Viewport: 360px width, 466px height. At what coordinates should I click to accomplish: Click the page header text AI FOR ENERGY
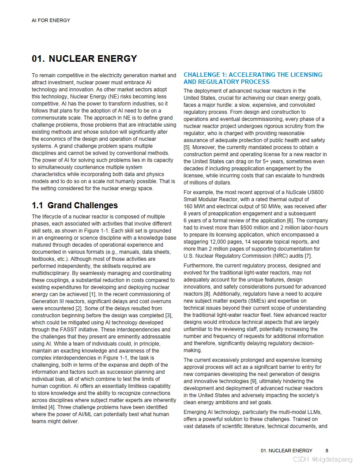pos(51,20)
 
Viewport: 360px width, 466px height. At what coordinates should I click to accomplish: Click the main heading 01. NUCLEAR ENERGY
pos(84,59)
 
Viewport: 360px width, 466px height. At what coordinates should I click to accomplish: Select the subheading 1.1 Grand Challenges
pos(75,205)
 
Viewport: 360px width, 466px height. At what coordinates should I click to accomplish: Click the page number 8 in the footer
pos(327,451)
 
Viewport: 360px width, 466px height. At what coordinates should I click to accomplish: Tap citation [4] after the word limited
pos(50,407)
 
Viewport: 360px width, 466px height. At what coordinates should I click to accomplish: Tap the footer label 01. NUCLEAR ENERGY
pos(286,451)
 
